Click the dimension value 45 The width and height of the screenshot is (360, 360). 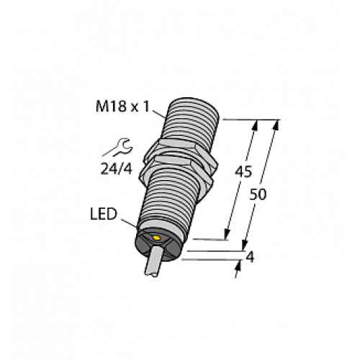pos(244,174)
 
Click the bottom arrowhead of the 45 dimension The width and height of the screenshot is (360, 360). pos(228,234)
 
